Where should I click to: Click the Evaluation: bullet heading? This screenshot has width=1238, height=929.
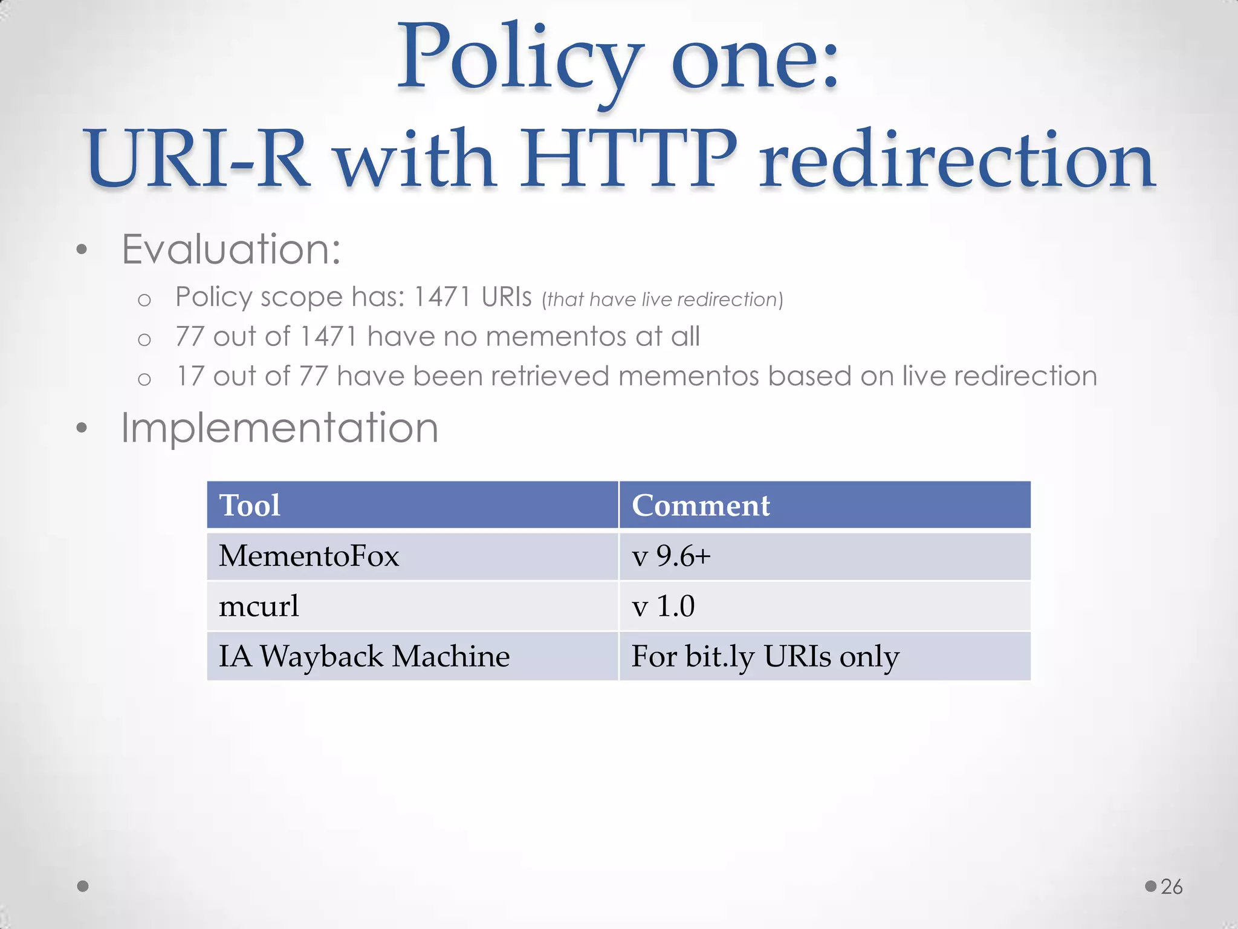click(231, 249)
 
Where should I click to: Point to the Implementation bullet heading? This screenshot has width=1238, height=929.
click(279, 428)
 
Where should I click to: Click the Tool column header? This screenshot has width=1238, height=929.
click(250, 505)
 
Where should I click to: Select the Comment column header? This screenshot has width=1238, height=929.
click(701, 505)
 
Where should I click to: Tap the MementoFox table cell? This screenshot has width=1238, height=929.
click(309, 555)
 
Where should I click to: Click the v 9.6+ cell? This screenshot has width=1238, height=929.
click(671, 555)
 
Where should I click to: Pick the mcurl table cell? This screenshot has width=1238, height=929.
click(259, 605)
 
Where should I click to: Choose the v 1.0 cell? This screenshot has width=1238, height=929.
click(663, 605)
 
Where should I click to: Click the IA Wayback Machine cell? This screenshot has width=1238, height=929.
click(364, 656)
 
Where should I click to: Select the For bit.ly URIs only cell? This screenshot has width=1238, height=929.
click(765, 656)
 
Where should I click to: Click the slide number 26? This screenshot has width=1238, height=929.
click(1172, 887)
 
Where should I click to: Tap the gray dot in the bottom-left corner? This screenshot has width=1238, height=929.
click(83, 886)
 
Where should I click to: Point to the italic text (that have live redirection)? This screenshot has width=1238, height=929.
click(663, 299)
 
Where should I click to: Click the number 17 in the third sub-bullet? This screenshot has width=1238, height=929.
click(190, 376)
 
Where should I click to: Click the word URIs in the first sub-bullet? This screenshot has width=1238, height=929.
click(507, 297)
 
